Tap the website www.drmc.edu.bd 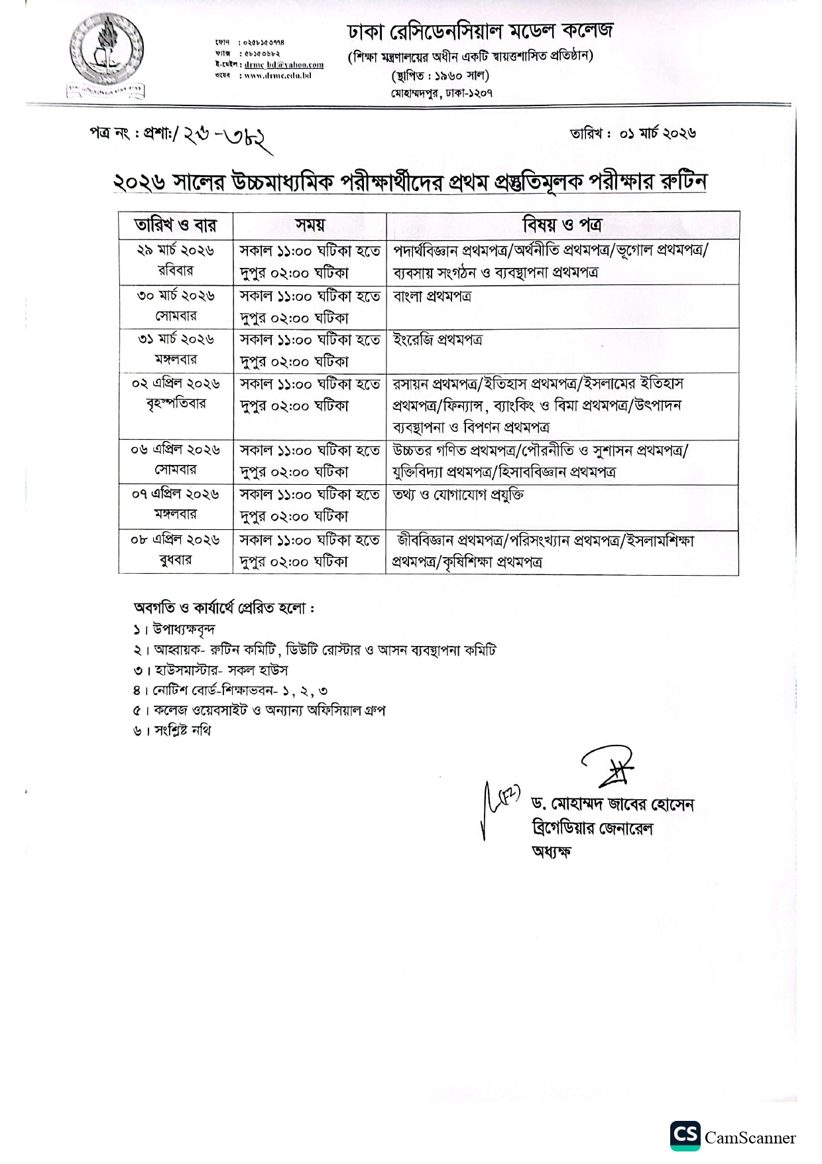tap(278, 76)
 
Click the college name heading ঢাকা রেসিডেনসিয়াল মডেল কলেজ tap(481, 31)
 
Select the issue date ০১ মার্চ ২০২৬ tap(657, 133)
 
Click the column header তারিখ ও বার tap(176, 225)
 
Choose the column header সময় tap(310, 225)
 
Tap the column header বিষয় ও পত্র tap(562, 225)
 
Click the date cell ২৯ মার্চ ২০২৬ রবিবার tap(176, 261)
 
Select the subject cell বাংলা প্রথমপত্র tap(432, 296)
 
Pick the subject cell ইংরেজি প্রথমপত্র tap(438, 340)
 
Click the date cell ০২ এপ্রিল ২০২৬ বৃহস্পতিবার tap(176, 393)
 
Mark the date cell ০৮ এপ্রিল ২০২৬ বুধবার tap(176, 550)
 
